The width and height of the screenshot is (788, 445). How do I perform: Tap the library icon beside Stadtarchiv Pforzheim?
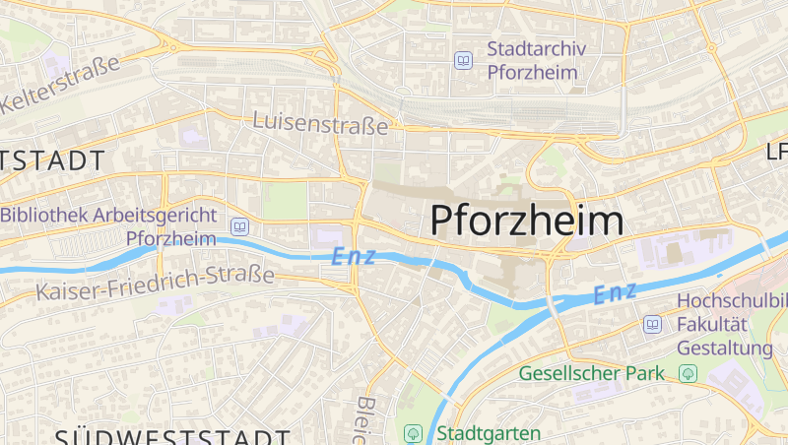(x=463, y=60)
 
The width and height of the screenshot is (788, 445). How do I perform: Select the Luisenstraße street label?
(x=320, y=124)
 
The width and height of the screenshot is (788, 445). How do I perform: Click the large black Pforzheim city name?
(x=527, y=221)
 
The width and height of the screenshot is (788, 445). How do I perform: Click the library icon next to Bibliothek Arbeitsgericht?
(x=238, y=227)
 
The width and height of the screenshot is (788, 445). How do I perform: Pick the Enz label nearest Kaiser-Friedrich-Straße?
(x=354, y=256)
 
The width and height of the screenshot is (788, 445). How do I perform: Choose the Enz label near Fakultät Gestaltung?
(x=616, y=292)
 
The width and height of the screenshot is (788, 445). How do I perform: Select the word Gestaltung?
(x=724, y=348)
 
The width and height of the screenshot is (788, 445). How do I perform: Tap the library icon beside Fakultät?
(x=652, y=324)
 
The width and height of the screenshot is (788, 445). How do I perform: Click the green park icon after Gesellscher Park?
(x=688, y=373)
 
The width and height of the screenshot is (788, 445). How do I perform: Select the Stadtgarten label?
(x=489, y=433)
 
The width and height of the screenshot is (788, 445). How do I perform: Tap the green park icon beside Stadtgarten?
(x=414, y=433)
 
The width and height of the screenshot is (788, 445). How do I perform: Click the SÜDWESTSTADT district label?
(x=172, y=436)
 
